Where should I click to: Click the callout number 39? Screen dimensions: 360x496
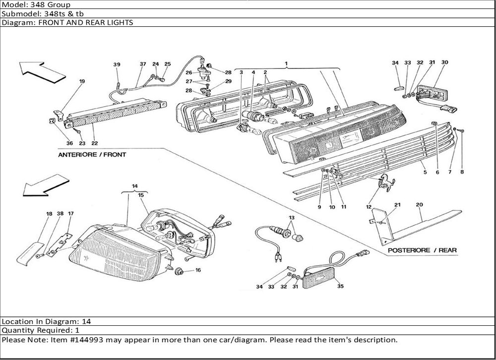pyautogui.click(x=117, y=64)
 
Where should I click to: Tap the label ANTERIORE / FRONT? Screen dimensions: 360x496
pyautogui.click(x=92, y=155)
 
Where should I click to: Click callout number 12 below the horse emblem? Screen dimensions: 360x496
pyautogui.click(x=369, y=207)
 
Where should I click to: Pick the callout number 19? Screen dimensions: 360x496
pyautogui.click(x=82, y=81)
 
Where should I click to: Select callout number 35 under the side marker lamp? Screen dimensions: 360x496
pyautogui.click(x=340, y=286)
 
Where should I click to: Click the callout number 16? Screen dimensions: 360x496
pyautogui.click(x=198, y=270)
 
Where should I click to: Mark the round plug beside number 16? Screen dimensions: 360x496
pyautogui.click(x=180, y=272)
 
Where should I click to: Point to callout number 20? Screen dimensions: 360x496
pyautogui.click(x=419, y=204)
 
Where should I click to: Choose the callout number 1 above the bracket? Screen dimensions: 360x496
pyautogui.click(x=286, y=64)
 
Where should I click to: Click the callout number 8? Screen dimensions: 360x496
pyautogui.click(x=462, y=173)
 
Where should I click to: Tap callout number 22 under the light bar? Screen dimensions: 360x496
pyautogui.click(x=94, y=144)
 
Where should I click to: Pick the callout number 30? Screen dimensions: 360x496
pyautogui.click(x=444, y=62)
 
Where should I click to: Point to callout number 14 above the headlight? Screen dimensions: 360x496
pyautogui.click(x=134, y=186)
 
